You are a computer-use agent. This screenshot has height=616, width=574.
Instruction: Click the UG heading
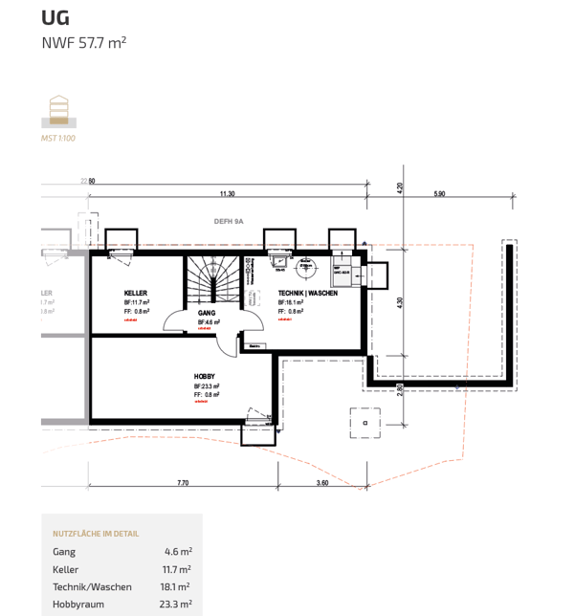pos(55,17)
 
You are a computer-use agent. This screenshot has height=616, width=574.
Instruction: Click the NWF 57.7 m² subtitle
pos(84,43)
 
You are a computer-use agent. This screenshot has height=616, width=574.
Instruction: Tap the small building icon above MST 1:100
pos(59,110)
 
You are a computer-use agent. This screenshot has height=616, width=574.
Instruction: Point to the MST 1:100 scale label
pos(58,139)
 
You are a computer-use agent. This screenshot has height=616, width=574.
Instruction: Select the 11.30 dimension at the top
pos(227,194)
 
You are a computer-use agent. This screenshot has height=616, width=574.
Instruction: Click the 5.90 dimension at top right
pos(439,194)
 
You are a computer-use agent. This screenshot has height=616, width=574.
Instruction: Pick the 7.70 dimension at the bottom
pos(183,483)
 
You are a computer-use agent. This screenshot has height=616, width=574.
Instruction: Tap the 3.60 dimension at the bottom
pos(322,483)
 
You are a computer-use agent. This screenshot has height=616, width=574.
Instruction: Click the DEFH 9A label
pos(229,221)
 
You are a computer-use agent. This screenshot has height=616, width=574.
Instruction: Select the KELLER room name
pos(136,293)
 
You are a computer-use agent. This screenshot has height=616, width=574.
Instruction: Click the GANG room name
pos(206,314)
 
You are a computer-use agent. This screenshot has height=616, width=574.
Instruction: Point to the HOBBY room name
pos(204,377)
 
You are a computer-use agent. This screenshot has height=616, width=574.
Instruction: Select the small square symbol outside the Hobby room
pos(364,421)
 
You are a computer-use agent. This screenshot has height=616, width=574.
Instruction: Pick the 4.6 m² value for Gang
pos(178,552)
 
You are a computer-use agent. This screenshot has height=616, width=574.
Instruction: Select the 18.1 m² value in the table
pos(176,586)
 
